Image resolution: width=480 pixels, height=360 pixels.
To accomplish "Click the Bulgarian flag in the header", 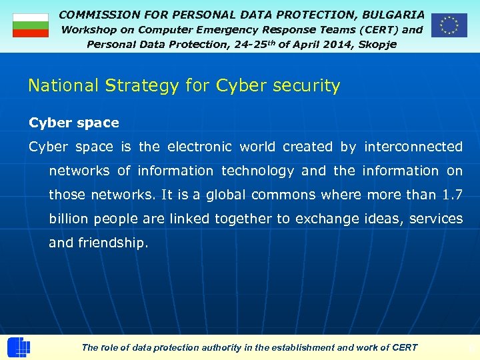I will click(31, 25).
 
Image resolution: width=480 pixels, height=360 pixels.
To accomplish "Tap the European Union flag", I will click(449, 25).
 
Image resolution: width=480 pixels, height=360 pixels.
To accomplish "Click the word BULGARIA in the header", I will click(393, 14).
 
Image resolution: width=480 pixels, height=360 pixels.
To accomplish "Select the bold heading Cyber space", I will click(74, 123).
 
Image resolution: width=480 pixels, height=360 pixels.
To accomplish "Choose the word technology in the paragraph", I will click(257, 171).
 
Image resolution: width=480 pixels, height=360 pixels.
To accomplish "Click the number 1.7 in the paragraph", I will click(452, 195).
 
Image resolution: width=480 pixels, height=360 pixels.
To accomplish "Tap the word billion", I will click(70, 219).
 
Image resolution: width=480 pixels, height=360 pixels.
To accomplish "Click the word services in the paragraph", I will click(436, 219).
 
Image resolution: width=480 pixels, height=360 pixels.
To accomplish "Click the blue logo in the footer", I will click(19, 347).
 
